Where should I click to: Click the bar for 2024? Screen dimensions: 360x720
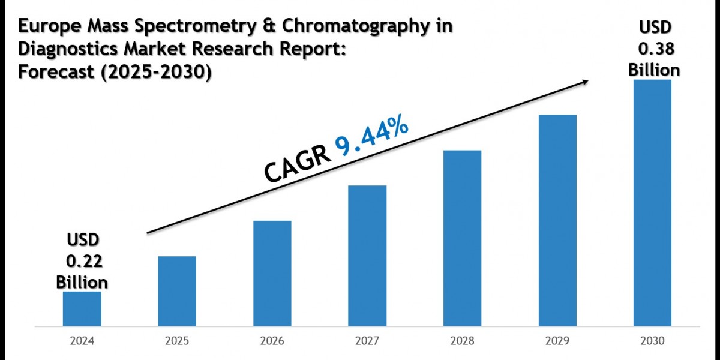(82, 309)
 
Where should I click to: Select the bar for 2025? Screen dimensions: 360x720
(177, 292)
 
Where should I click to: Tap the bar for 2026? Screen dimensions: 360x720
(272, 274)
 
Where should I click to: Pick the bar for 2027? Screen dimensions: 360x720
(367, 256)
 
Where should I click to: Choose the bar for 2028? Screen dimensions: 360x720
(462, 238)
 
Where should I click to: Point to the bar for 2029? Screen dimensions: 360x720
(557, 221)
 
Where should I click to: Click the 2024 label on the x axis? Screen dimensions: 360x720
(82, 342)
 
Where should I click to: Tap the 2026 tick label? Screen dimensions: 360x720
(272, 342)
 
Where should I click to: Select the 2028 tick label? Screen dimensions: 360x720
(462, 342)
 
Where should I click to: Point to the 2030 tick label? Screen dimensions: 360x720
(652, 342)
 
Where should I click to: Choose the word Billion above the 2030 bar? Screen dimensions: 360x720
(654, 70)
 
